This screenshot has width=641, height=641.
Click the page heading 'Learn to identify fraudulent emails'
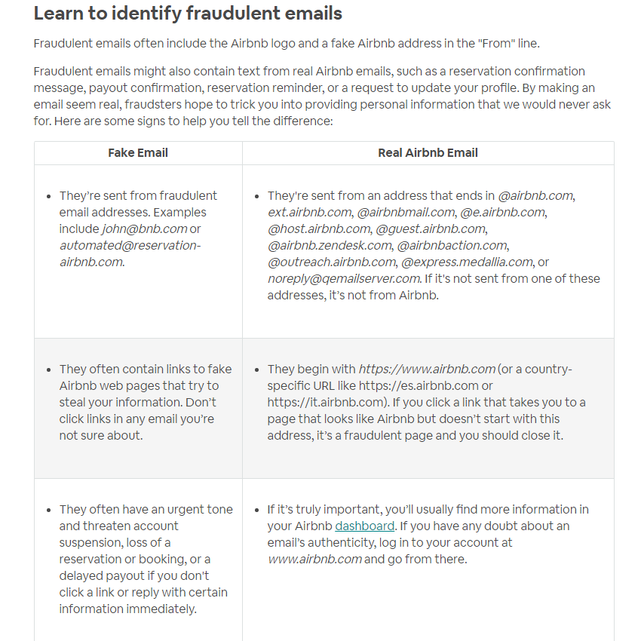point(188,14)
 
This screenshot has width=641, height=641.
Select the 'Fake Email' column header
point(138,152)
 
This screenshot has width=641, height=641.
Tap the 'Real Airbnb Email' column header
point(428,152)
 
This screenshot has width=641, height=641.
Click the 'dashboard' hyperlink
point(365,526)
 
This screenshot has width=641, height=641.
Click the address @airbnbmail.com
point(406,212)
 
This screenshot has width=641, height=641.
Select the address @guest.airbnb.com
point(431,228)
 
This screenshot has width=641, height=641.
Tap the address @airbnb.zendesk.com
point(330,245)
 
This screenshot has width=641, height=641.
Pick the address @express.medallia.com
point(467,262)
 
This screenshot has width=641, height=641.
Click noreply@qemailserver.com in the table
point(344,278)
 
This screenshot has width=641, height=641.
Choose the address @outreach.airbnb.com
point(331,262)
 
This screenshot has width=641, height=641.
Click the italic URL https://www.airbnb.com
point(427,369)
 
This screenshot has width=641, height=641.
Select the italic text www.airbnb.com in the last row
point(314,559)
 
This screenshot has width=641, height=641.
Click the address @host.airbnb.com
point(318,228)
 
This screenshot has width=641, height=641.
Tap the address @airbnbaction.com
point(452,245)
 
